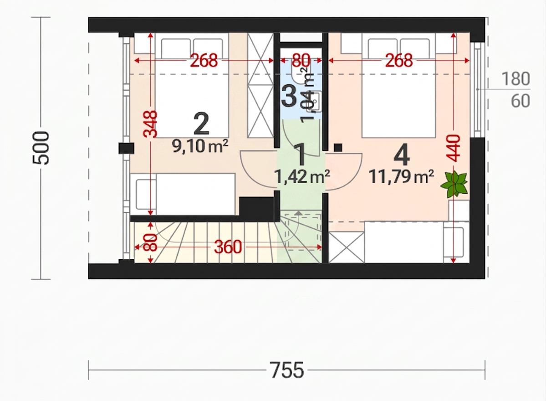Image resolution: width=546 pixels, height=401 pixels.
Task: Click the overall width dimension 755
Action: pos(287,370)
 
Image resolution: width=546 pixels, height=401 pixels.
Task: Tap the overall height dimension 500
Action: pos(41,148)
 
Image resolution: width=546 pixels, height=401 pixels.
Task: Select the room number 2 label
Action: pos(201,124)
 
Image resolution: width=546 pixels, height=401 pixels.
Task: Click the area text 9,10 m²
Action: pos(200,146)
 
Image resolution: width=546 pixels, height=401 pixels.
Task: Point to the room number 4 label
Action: pos(401,155)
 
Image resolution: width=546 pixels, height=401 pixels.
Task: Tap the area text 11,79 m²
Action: pos(401,177)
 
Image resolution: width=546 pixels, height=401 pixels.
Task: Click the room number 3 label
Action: pos(289,96)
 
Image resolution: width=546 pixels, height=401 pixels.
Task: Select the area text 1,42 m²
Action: pos(302,177)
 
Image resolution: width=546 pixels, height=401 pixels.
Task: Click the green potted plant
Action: pos(454,184)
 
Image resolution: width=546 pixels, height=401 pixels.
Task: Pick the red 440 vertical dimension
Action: pos(454,148)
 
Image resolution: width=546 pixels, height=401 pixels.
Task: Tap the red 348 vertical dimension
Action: pos(151,124)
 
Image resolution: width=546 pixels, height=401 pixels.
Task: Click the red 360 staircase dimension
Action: pos(228,247)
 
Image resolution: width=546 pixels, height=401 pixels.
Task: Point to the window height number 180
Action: pos(515,79)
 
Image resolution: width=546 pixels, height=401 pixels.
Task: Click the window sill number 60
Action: pos(520,101)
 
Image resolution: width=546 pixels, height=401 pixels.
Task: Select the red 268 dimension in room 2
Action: pos(204,61)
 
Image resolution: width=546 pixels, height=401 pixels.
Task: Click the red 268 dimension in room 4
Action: pos(399,61)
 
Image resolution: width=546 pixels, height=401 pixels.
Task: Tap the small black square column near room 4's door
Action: pos(337,148)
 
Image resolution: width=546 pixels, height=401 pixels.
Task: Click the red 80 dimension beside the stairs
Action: pos(151,242)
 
